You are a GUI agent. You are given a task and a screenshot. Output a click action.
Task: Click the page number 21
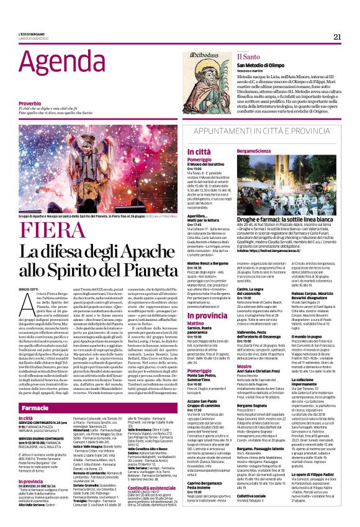pyautogui.click(x=337, y=37)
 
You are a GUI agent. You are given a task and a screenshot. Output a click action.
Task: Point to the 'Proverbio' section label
pyautogui.click(x=30, y=102)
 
